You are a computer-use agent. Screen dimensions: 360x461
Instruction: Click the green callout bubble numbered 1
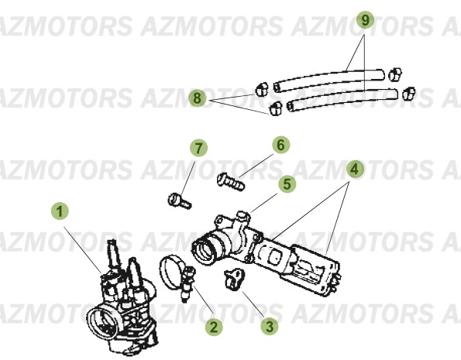coord(59,210)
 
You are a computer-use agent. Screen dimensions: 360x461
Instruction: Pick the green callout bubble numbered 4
coord(353,168)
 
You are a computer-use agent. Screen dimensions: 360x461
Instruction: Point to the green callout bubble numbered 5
coord(288,184)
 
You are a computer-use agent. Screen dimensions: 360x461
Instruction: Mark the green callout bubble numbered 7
coord(199,147)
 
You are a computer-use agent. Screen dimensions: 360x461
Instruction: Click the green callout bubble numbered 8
coord(198,98)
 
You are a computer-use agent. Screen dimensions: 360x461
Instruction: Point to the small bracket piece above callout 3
coord(232,275)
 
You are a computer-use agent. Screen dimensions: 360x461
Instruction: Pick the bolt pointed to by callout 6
coord(230,181)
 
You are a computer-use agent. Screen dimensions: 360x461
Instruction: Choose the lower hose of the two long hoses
coord(341,98)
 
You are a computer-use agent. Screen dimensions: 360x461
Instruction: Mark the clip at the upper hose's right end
coord(395,74)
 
